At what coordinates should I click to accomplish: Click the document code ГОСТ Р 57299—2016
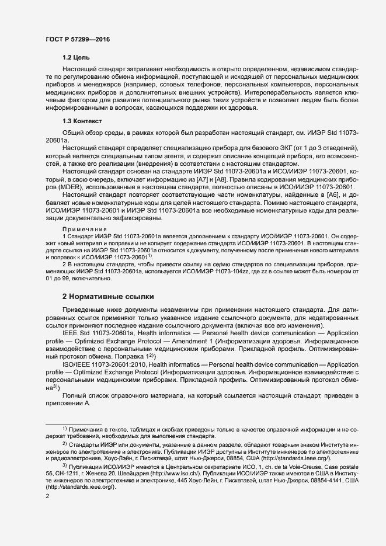point(77,39)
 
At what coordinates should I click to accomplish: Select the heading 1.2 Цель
point(75,58)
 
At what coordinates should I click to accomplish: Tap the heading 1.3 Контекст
point(82,121)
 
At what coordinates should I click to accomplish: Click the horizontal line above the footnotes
point(74,424)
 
